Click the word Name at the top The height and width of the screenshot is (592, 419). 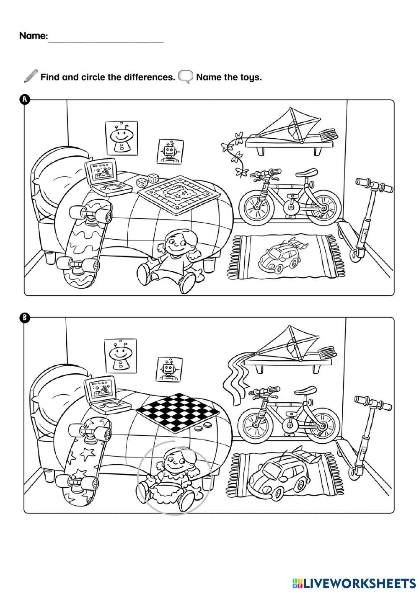coord(34,36)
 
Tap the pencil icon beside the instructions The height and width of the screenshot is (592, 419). coord(31,76)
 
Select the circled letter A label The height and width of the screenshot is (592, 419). coord(25,99)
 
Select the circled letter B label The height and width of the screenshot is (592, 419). coord(25,318)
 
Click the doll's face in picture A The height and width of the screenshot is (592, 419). coord(176,243)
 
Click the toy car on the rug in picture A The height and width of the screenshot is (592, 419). coord(279,258)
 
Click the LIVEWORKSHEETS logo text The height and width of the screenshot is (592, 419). coord(359,582)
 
